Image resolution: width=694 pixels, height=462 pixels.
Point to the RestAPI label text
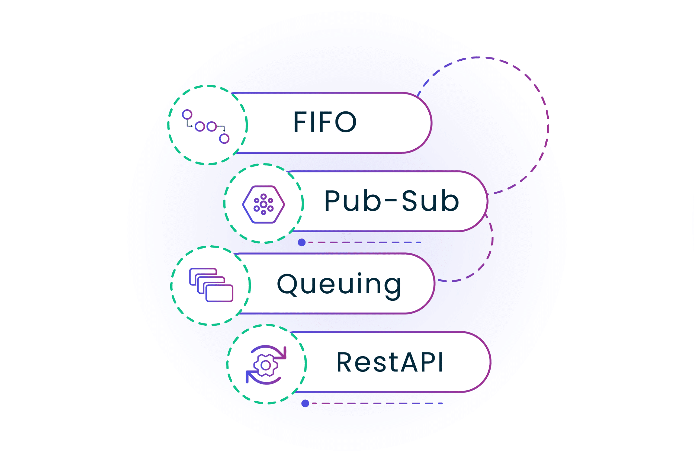click(x=390, y=362)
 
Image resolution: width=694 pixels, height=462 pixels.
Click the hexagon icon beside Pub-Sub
click(x=263, y=204)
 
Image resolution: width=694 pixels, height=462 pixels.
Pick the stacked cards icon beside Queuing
click(x=211, y=285)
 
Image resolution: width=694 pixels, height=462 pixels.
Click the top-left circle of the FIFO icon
click(x=187, y=114)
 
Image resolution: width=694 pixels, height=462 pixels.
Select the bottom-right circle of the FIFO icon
click(x=224, y=139)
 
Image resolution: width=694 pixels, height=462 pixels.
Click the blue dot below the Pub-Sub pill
click(x=302, y=242)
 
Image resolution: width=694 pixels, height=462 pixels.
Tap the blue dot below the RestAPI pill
click(x=305, y=403)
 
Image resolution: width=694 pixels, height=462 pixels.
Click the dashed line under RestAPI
click(x=377, y=403)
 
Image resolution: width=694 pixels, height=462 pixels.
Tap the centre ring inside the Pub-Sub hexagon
click(x=263, y=204)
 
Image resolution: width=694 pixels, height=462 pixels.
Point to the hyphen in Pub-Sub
click(x=391, y=200)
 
